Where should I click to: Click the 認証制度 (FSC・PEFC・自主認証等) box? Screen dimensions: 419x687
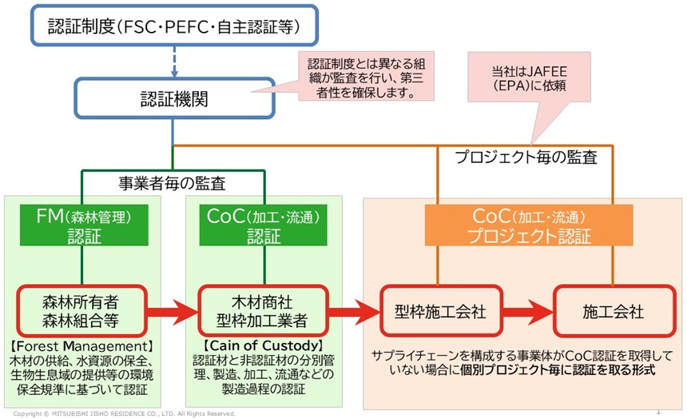click(x=173, y=28)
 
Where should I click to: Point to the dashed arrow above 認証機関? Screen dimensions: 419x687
click(x=173, y=62)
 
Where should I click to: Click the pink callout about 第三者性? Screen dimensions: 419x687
click(x=365, y=77)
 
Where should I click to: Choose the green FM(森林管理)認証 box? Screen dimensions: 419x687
click(x=81, y=226)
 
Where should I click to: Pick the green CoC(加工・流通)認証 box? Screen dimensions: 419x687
click(x=264, y=226)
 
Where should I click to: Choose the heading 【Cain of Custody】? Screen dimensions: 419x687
click(x=264, y=345)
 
